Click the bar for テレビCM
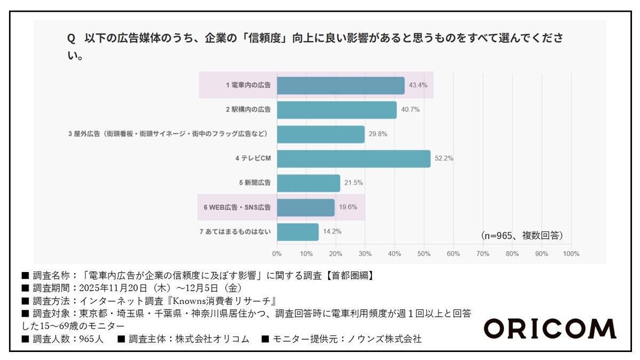(x=354, y=159)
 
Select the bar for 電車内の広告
(x=341, y=85)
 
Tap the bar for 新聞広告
(x=308, y=183)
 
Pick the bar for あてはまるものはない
(x=298, y=232)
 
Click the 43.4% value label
(x=418, y=85)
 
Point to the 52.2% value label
(x=444, y=159)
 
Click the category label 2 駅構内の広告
(x=248, y=110)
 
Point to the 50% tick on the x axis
(x=424, y=254)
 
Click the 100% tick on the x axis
(x=571, y=254)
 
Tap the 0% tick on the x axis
(x=277, y=254)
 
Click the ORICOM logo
(x=549, y=329)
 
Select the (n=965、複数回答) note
(x=522, y=235)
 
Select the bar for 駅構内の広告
(x=337, y=110)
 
